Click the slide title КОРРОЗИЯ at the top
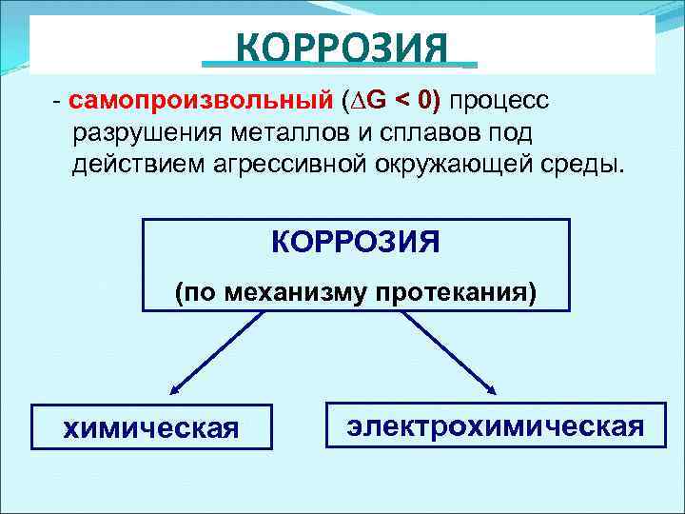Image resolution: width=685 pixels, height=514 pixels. point(341,46)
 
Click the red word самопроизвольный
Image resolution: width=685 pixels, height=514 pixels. point(201,101)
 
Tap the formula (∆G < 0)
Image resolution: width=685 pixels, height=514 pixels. point(395,101)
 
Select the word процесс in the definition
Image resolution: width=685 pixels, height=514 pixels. point(502,101)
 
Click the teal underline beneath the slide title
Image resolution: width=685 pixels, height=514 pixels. point(340,66)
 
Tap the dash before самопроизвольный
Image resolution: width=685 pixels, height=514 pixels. point(58,101)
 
